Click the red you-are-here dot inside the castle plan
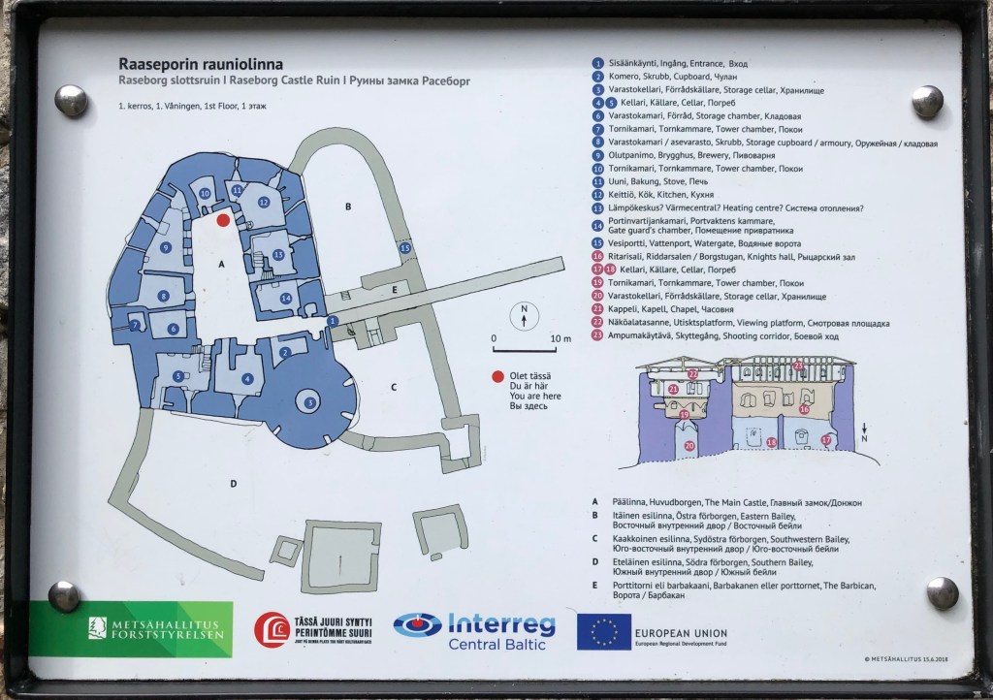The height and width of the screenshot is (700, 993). pos(223,220)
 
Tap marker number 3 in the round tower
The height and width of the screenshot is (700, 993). pos(309,402)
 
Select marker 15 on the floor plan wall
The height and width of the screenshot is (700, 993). pos(405,248)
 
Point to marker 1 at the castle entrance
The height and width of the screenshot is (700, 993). pos(333,321)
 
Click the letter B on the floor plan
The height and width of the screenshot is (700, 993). pos(347,206)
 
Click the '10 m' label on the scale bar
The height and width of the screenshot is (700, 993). pos(561,338)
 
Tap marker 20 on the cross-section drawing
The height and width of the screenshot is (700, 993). pos(689,446)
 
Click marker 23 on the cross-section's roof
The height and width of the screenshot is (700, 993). pos(797,366)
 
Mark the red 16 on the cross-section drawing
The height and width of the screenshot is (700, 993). pos(804,409)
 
